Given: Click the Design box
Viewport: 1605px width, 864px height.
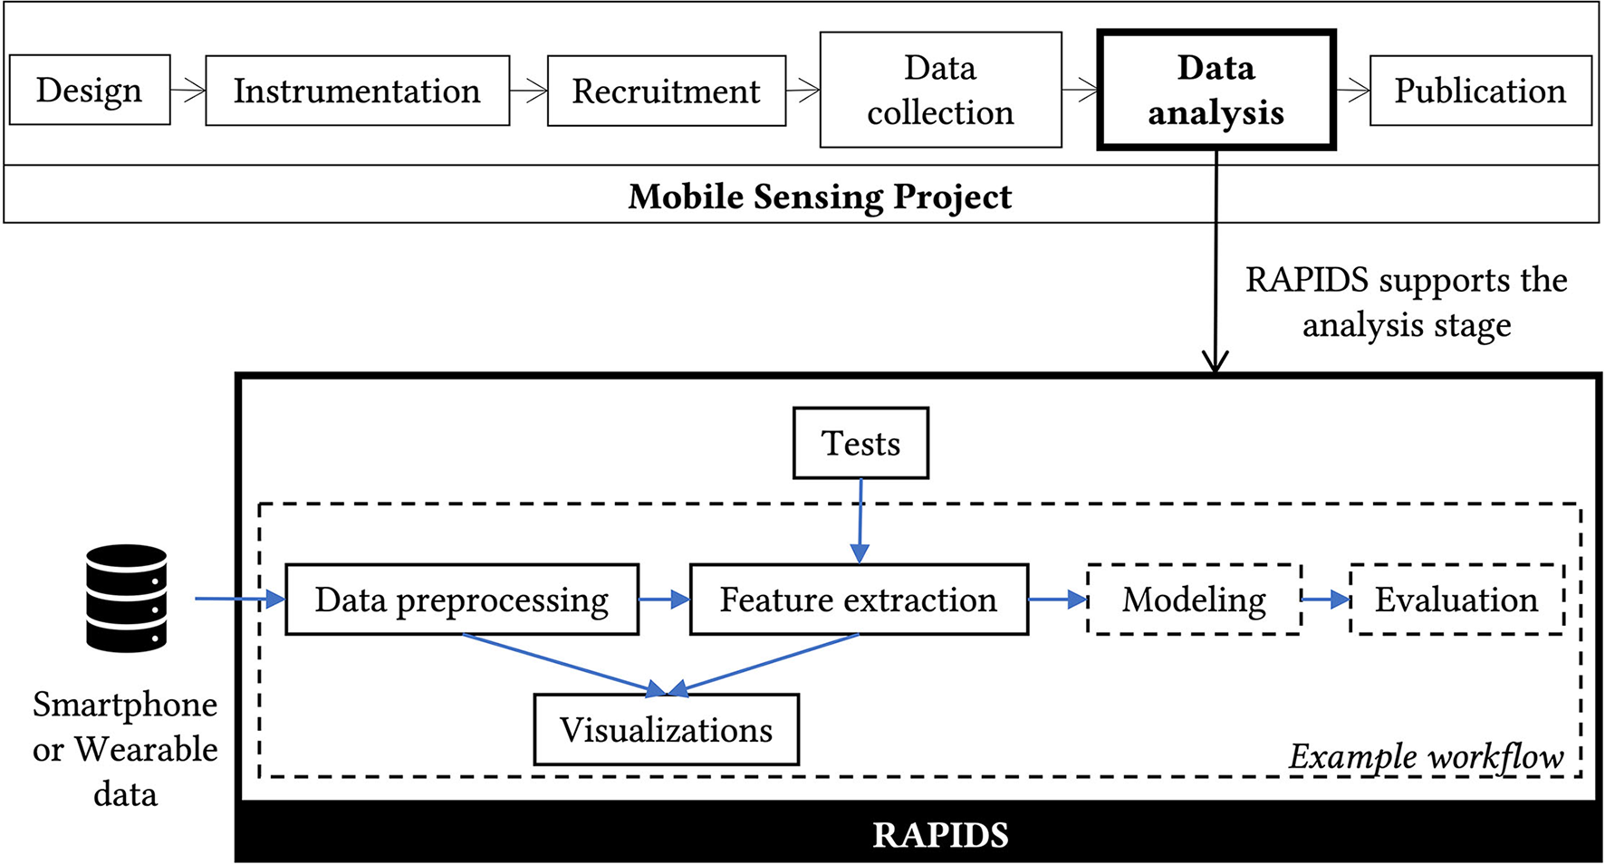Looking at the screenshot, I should [90, 91].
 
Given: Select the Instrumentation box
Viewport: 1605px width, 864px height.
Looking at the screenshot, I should [357, 91].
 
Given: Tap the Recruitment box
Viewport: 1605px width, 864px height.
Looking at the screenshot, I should [666, 91].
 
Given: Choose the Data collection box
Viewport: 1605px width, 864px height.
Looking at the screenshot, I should [940, 91].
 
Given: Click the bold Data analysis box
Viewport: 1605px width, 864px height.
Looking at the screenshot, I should [1216, 91].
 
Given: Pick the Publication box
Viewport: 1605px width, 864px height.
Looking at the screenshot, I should [1480, 91].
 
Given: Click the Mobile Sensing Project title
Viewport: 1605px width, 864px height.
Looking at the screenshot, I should [820, 197].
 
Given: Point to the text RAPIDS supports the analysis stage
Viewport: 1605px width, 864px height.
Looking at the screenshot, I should [1406, 302].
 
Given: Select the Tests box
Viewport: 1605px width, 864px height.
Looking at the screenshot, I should [860, 443].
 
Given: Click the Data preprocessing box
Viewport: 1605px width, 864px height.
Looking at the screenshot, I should [462, 600].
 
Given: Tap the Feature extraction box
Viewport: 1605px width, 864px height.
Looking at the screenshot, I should [858, 600].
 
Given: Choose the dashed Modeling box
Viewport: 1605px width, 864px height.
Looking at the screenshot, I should [1194, 600].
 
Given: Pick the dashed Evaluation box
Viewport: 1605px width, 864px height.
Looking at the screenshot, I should [1456, 600].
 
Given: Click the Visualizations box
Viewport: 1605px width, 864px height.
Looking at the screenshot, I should [666, 730].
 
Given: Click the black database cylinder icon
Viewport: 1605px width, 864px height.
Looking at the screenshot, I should [127, 598].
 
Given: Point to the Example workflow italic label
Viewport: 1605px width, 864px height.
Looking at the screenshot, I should [1426, 756].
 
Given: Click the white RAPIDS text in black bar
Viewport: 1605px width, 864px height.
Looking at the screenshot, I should [940, 834].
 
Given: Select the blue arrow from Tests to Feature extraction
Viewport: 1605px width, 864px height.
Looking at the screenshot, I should [860, 521].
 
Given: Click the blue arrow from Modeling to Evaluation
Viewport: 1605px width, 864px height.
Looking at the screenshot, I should [1326, 600].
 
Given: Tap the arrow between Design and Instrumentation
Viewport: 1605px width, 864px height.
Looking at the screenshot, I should [187, 91].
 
